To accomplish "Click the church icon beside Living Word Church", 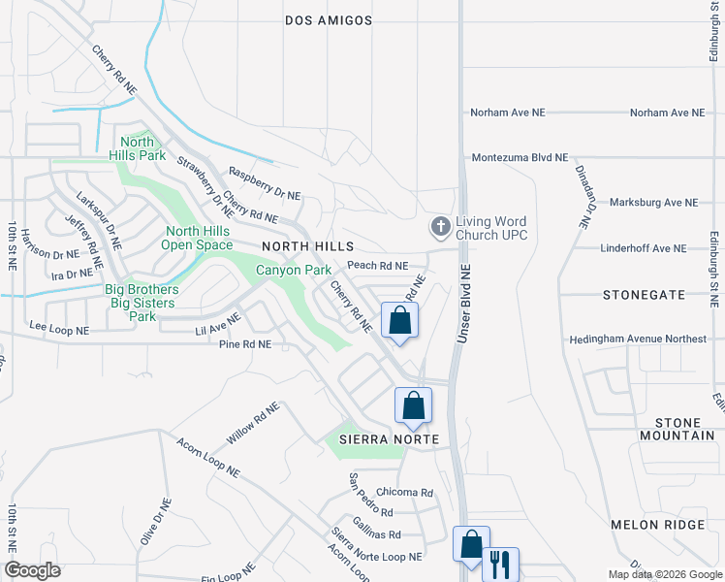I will (x=441, y=227).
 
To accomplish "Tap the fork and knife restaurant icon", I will (x=500, y=564).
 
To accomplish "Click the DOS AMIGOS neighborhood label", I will (x=328, y=20).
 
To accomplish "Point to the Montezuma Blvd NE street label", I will (x=520, y=157).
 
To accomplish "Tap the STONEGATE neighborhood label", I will (x=643, y=294).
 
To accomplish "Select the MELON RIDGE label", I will (x=656, y=525).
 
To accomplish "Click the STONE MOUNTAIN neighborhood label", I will (x=683, y=429).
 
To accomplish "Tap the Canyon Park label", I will (x=294, y=270).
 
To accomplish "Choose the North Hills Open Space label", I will (x=198, y=238).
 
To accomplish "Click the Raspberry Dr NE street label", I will (x=265, y=183).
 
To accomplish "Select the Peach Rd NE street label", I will (x=377, y=266).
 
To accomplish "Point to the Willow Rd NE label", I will (x=254, y=422).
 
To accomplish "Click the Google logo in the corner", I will (x=33, y=570).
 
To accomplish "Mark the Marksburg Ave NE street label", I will (x=653, y=203).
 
